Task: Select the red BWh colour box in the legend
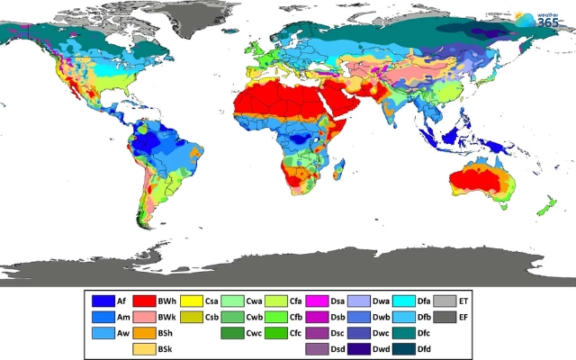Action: tap(144, 301)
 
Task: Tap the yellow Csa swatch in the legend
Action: tap(191, 301)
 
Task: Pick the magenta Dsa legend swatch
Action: tap(317, 301)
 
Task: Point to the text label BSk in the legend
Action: tap(166, 348)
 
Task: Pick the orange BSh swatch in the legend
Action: tap(144, 333)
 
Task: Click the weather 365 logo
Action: tap(543, 20)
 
